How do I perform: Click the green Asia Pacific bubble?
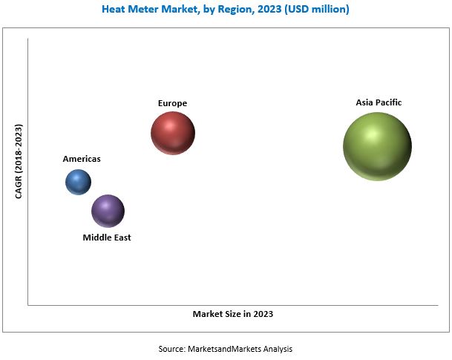[377, 146]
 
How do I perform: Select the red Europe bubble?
[173, 134]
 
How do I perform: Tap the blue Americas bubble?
[78, 182]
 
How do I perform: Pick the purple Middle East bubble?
[108, 211]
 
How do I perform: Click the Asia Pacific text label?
[379, 102]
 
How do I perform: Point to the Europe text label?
[172, 102]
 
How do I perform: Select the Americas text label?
[82, 159]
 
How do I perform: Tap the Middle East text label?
[107, 238]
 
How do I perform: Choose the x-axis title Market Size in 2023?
[233, 314]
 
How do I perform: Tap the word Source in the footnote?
[171, 348]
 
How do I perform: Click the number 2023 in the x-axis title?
[262, 314]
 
